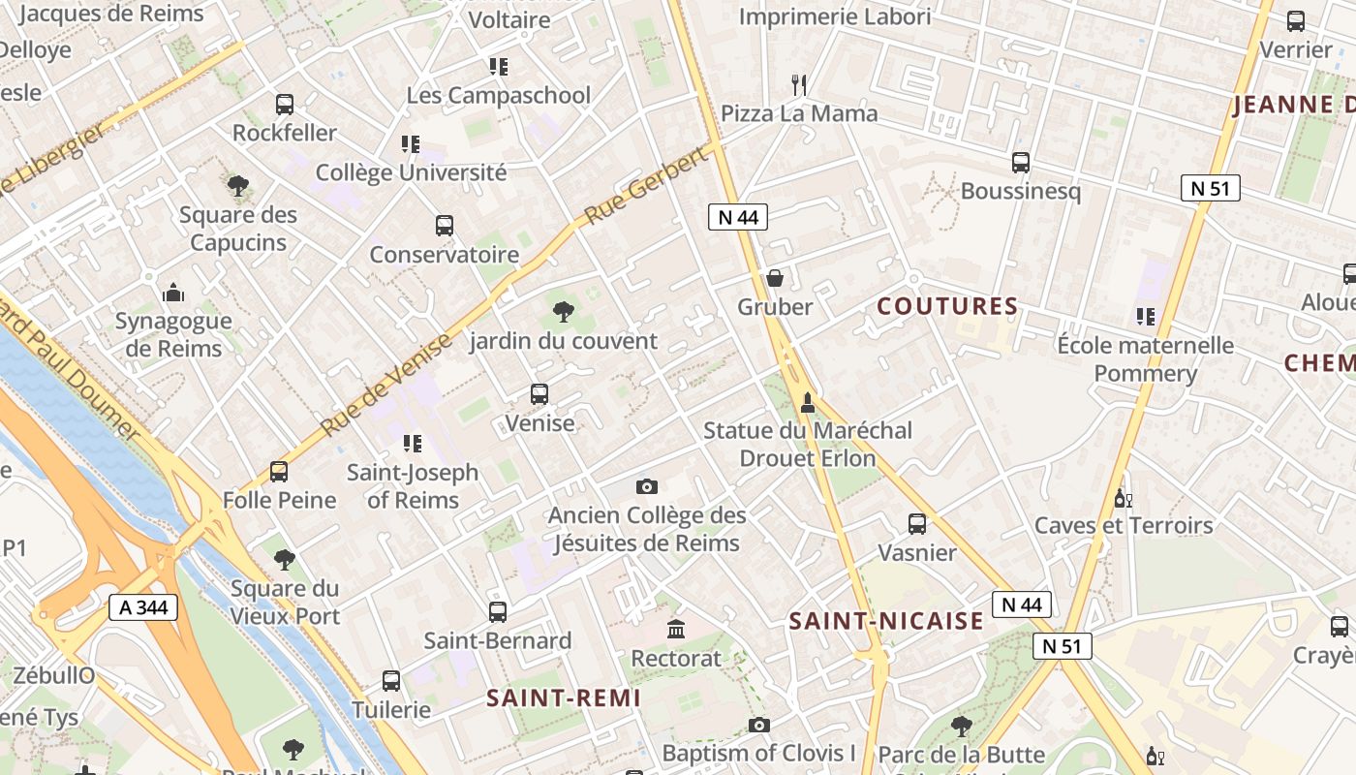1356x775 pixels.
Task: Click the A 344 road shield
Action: click(x=143, y=607)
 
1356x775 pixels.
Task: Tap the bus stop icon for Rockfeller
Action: click(x=285, y=105)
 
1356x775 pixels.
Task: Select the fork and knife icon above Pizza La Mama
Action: click(x=799, y=85)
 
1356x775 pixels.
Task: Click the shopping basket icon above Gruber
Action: click(x=775, y=279)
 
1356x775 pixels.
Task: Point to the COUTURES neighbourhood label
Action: click(x=947, y=306)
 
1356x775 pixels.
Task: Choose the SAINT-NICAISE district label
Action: click(x=886, y=621)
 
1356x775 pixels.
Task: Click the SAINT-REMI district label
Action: click(x=564, y=697)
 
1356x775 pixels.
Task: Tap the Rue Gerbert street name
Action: click(x=647, y=187)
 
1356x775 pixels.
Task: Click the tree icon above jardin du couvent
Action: click(x=563, y=312)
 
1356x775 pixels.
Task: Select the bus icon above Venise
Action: click(x=539, y=394)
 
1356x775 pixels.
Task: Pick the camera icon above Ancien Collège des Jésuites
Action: click(x=647, y=486)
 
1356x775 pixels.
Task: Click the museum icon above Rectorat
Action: click(x=676, y=630)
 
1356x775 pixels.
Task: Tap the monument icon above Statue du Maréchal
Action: click(x=808, y=402)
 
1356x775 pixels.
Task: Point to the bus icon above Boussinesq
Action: click(x=1021, y=163)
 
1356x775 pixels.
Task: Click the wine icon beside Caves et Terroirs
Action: click(x=1123, y=498)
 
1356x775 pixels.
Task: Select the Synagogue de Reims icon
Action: click(x=173, y=292)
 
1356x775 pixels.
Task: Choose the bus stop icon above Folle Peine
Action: click(x=279, y=472)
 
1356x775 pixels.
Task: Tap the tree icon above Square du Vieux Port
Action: click(x=284, y=559)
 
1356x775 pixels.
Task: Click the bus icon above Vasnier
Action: click(x=917, y=524)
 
